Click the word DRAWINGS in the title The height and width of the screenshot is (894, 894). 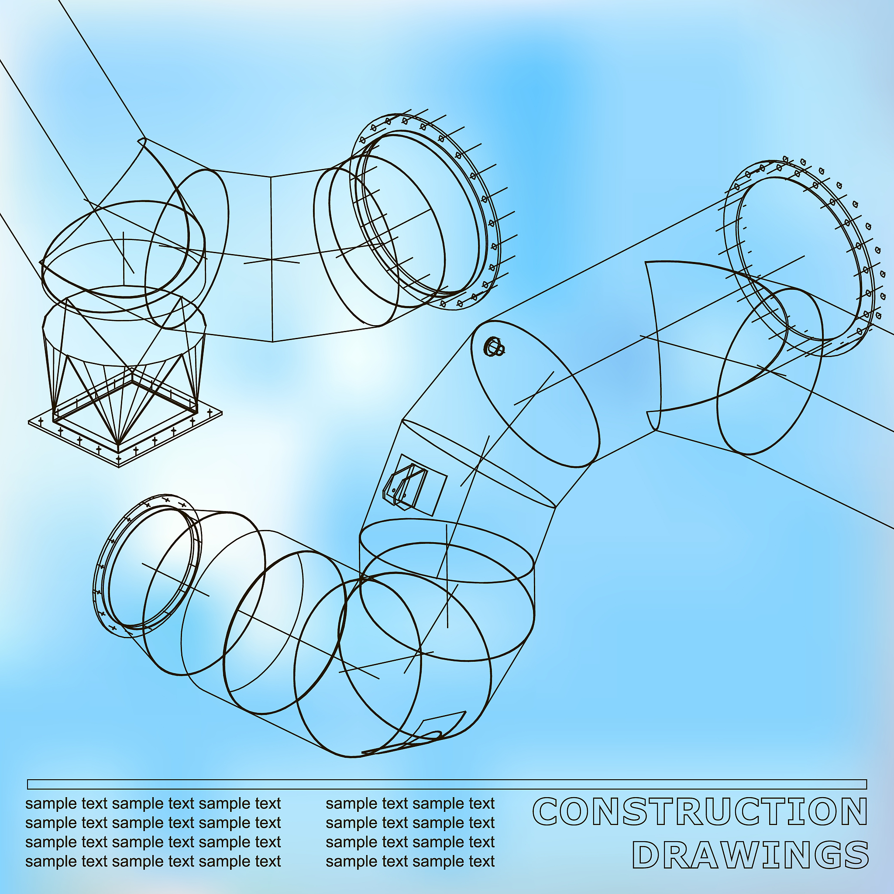750,855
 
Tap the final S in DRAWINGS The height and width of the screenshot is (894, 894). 855,855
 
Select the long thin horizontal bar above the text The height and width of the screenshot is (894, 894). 447,784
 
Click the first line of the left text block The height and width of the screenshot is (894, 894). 153,804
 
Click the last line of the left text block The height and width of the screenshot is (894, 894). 153,861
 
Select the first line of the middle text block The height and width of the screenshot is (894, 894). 410,804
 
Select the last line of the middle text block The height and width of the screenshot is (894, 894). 410,861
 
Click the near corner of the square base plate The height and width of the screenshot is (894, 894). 119,465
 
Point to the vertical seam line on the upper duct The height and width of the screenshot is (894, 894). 272,259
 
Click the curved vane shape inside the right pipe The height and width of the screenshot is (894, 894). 657,338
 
